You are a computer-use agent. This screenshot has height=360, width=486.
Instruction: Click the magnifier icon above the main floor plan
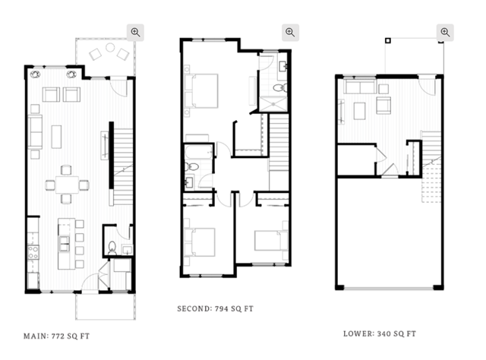[x=135, y=32]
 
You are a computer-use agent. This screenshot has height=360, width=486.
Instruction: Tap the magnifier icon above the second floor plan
[x=290, y=32]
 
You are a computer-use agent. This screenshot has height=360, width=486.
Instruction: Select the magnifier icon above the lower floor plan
[x=445, y=32]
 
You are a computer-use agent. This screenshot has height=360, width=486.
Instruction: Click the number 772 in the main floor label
[x=58, y=336]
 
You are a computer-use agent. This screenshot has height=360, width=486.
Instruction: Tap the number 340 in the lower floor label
[x=383, y=334]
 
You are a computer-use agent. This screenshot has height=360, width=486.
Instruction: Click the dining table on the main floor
[x=68, y=185]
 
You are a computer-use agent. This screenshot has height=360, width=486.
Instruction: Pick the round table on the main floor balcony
[x=110, y=47]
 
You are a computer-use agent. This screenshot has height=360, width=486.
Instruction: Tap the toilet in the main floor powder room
[x=112, y=248]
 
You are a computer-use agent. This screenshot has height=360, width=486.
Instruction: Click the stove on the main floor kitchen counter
[x=33, y=252]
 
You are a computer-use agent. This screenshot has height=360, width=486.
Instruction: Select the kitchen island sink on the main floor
[x=65, y=243]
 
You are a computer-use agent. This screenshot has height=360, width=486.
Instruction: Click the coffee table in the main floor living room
[x=56, y=137]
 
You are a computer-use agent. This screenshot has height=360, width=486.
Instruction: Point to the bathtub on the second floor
[x=199, y=152]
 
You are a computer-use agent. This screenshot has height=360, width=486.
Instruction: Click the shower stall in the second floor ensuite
[x=273, y=104]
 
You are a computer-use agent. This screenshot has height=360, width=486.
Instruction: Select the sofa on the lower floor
[x=360, y=87]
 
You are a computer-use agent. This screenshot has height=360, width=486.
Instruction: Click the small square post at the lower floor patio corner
[x=388, y=40]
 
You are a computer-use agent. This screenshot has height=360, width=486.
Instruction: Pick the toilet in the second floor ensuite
[x=280, y=88]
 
